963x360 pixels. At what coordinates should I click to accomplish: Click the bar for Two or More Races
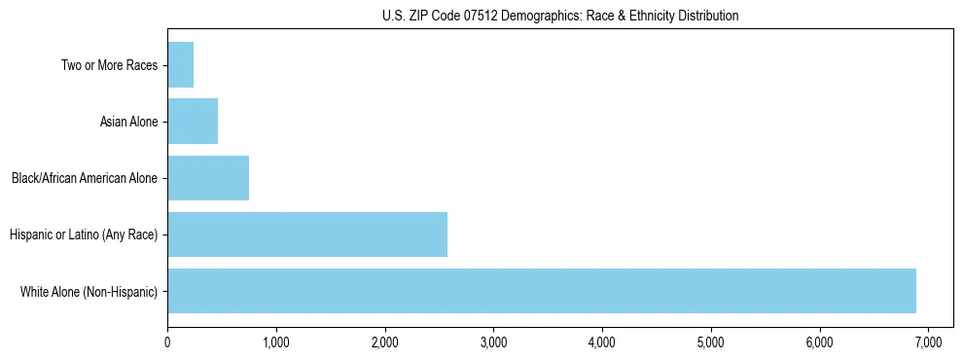(x=181, y=65)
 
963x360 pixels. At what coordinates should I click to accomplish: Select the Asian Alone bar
(x=193, y=122)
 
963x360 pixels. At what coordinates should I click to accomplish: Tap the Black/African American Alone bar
(x=208, y=178)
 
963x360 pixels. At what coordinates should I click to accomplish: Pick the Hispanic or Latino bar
(x=307, y=234)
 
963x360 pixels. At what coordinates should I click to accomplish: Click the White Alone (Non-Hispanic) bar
(x=542, y=291)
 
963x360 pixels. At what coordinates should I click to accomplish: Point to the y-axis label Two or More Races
(x=108, y=65)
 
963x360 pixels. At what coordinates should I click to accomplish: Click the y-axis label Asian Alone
(x=128, y=122)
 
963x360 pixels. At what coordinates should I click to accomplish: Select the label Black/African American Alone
(x=85, y=178)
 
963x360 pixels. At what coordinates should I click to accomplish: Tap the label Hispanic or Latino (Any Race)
(x=83, y=234)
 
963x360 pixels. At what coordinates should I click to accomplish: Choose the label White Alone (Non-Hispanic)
(x=89, y=291)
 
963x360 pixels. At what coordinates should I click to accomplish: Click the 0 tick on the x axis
(x=167, y=342)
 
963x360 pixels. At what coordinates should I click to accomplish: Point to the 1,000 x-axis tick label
(x=276, y=342)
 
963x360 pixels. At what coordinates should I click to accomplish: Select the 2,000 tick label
(x=385, y=342)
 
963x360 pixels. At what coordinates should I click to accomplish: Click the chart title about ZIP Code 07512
(x=560, y=16)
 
